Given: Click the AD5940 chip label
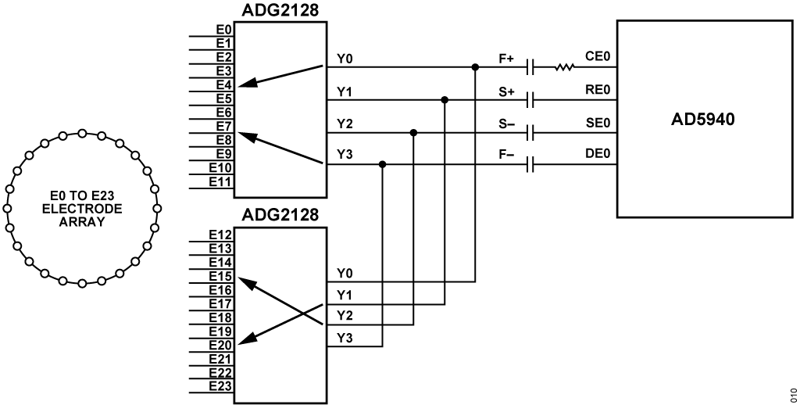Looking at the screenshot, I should (704, 120).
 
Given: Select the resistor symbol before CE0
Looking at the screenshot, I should (564, 67).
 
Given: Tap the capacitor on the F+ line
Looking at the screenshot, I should (530, 67).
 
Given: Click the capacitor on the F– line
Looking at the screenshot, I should (530, 165).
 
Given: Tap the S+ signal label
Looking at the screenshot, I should (506, 91).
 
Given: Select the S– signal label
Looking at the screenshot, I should (506, 124).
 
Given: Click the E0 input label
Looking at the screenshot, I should (223, 28).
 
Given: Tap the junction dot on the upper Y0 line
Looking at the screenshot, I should (475, 67).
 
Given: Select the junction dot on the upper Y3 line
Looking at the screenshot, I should (382, 165).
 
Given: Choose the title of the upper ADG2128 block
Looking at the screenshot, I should (274, 9).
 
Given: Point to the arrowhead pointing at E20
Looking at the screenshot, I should (244, 341).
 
